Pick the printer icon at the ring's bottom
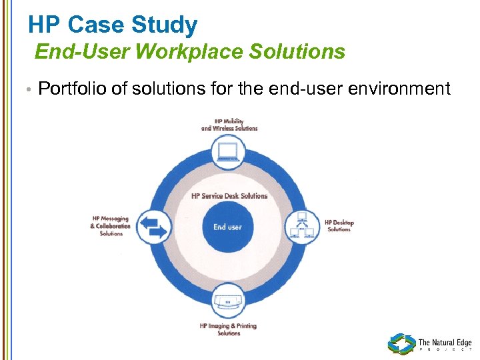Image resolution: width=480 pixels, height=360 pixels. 229,301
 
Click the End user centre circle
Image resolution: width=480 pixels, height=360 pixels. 227,227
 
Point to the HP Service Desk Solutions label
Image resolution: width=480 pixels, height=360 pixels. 229,196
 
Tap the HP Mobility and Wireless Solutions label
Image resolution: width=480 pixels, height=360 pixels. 229,125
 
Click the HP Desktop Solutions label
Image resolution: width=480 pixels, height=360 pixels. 339,226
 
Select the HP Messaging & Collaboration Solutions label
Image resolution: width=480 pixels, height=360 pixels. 111,226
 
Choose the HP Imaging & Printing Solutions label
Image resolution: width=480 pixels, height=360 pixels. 228,329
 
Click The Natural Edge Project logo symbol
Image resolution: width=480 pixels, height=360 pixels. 401,344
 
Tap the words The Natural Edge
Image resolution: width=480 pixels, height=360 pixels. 445,343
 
